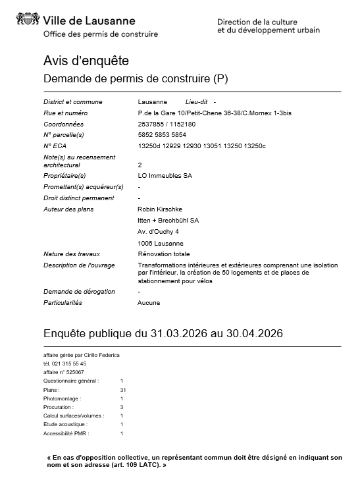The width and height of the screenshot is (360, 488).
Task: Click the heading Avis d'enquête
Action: pyautogui.click(x=86, y=61)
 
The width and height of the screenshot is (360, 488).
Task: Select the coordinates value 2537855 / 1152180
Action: pyautogui.click(x=167, y=124)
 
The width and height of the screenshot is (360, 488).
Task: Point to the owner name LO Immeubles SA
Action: pyautogui.click(x=165, y=176)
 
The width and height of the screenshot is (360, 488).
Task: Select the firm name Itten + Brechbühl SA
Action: pyautogui.click(x=168, y=220)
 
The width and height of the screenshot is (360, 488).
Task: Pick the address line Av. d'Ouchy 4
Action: pyautogui.click(x=158, y=232)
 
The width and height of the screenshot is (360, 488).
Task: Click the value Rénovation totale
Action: pyautogui.click(x=164, y=254)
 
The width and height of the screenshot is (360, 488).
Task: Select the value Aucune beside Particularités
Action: pyautogui.click(x=149, y=303)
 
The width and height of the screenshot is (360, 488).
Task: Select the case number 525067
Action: pyautogui.click(x=72, y=372)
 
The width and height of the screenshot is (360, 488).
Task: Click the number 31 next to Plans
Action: pyautogui.click(x=122, y=390)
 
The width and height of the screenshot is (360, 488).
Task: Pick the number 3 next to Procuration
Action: pyautogui.click(x=122, y=407)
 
